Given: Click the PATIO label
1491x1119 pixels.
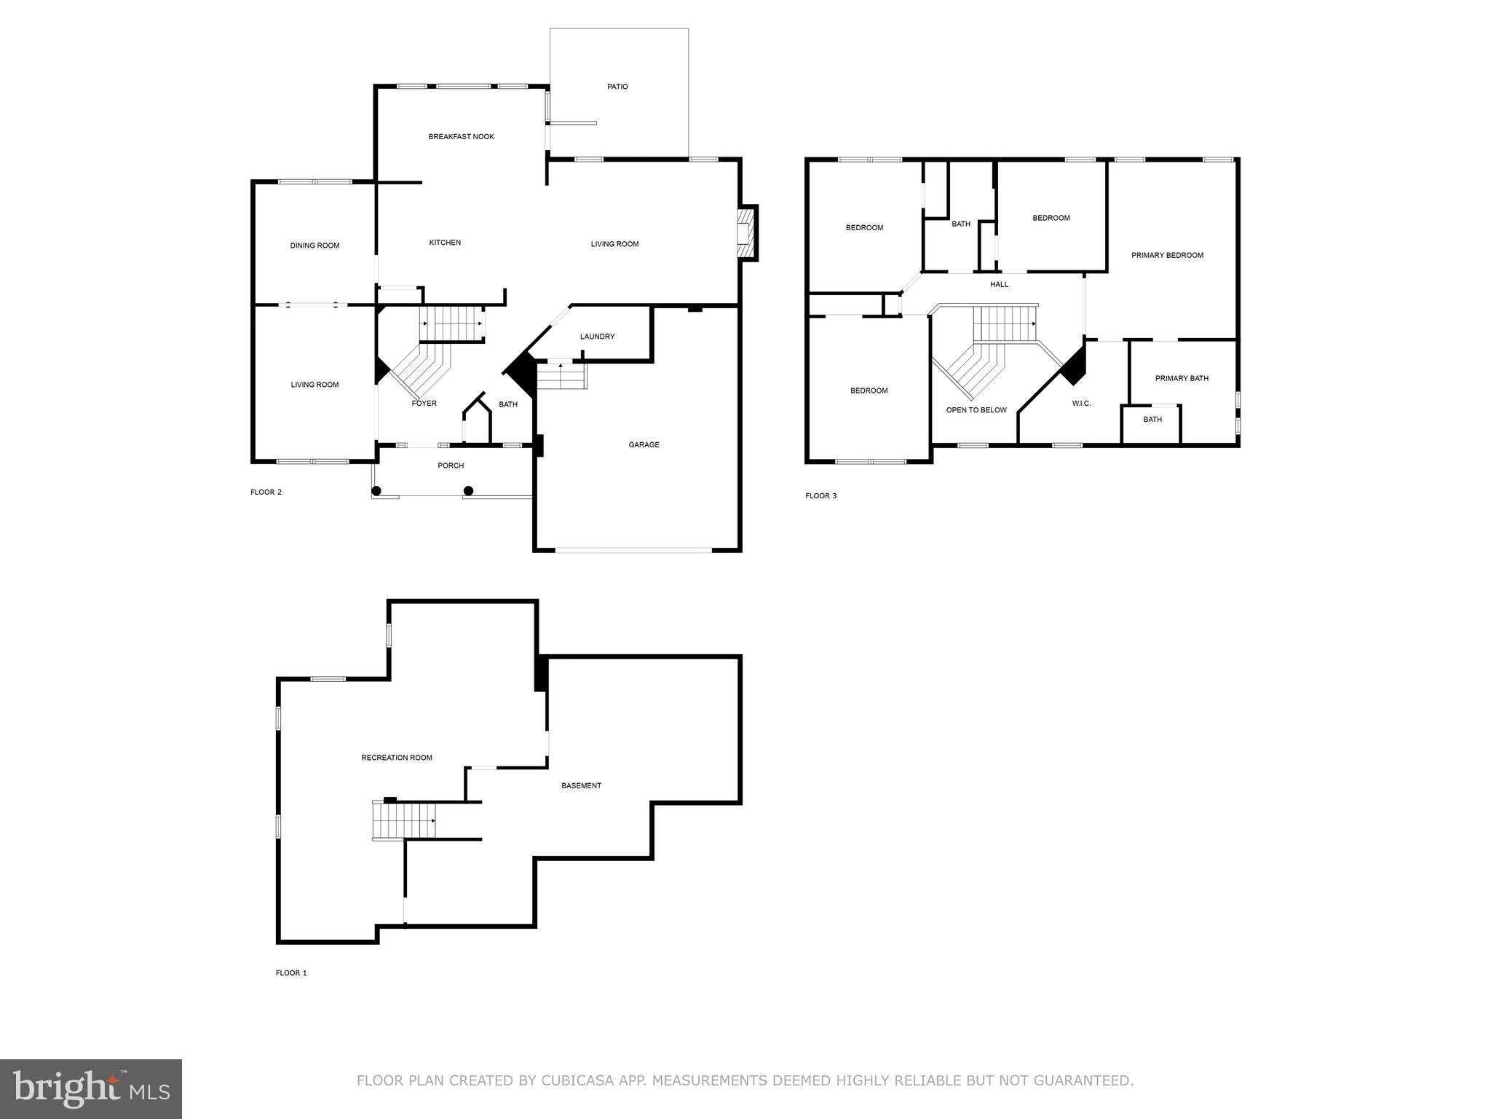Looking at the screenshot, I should click(617, 87).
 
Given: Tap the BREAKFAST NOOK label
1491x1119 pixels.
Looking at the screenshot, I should click(461, 137).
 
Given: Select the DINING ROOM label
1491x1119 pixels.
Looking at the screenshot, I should click(315, 246).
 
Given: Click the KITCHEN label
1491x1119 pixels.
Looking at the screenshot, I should click(445, 243).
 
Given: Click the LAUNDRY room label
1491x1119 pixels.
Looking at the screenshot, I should click(597, 337).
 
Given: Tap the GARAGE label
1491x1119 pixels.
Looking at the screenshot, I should click(644, 444).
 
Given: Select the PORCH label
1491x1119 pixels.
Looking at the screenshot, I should click(451, 466).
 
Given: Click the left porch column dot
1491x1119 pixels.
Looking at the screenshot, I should click(376, 491).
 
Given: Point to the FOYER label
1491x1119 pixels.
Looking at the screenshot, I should click(424, 403).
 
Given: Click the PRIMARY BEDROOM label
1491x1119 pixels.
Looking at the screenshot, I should click(1167, 255).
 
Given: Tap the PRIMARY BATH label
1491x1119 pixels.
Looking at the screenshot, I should click(1182, 378).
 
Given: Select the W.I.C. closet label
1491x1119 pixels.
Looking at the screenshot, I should click(1081, 404).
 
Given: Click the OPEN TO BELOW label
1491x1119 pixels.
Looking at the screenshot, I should click(976, 410).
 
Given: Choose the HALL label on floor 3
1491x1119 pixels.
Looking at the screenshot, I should click(999, 284).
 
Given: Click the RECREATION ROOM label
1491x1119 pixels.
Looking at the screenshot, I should click(397, 758).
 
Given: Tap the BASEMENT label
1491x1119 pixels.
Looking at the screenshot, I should click(581, 785).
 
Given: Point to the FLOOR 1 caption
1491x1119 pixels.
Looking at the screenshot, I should click(291, 973).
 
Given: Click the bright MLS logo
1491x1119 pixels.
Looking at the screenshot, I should click(91, 1089).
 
